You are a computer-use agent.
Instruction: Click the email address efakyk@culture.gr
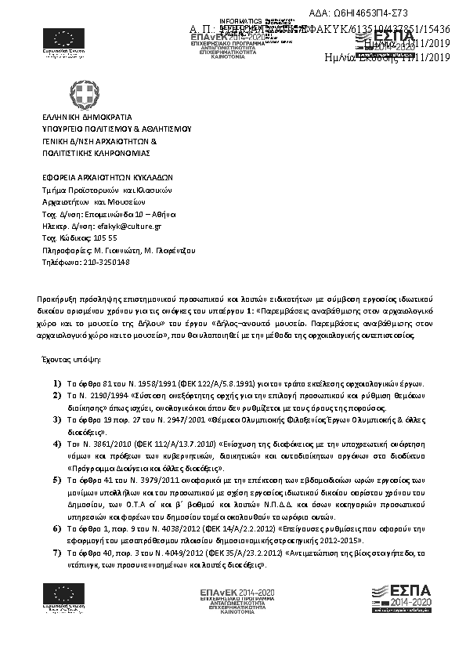point(127,226)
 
